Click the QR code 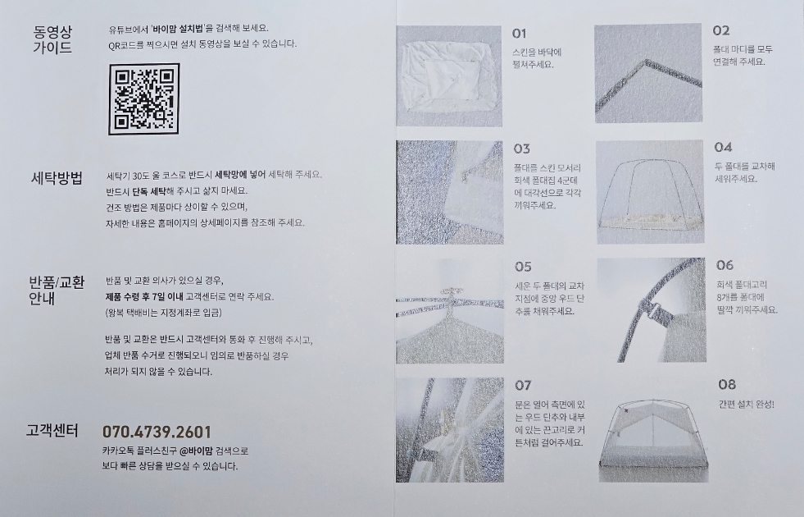point(144,99)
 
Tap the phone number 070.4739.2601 point(157,432)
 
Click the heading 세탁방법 point(57,178)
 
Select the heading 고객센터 point(52,431)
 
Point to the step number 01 point(520,34)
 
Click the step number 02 point(720,31)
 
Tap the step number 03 point(521,149)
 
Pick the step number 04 point(723,148)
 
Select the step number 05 point(523,267)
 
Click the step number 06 point(725,265)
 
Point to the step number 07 point(523,385)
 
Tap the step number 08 point(727,385)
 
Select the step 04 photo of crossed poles point(650,191)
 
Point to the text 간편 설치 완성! point(746,405)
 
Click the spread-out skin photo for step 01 point(449,76)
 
